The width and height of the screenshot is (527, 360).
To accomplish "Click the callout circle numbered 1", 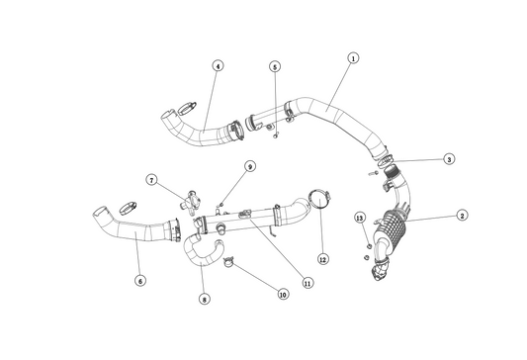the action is (353, 58).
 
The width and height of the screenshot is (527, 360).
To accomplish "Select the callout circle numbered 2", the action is (462, 216).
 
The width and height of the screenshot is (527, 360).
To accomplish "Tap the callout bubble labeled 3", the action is (449, 159).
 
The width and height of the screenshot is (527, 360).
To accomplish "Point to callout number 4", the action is (219, 66).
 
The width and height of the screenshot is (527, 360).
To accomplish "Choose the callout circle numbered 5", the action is (275, 66).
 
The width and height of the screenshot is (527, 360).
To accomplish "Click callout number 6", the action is (140, 280).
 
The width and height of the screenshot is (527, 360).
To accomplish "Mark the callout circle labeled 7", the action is (152, 180).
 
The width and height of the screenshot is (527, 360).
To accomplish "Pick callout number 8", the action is (205, 299).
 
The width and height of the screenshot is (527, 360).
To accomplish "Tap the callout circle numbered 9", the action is (250, 166).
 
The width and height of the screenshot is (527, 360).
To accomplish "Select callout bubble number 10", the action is (283, 295).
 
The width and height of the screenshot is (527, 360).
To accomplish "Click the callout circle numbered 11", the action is (307, 283).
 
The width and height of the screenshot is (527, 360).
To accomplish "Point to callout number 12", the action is (323, 259).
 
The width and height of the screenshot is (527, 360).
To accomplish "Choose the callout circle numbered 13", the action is (360, 218).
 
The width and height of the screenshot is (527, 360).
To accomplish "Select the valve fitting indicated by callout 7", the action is (192, 202).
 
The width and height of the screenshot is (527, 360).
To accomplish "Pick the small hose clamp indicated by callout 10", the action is (227, 262).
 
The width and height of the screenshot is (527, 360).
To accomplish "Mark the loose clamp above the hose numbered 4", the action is (187, 108).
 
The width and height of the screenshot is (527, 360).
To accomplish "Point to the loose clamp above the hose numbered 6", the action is (128, 208).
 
